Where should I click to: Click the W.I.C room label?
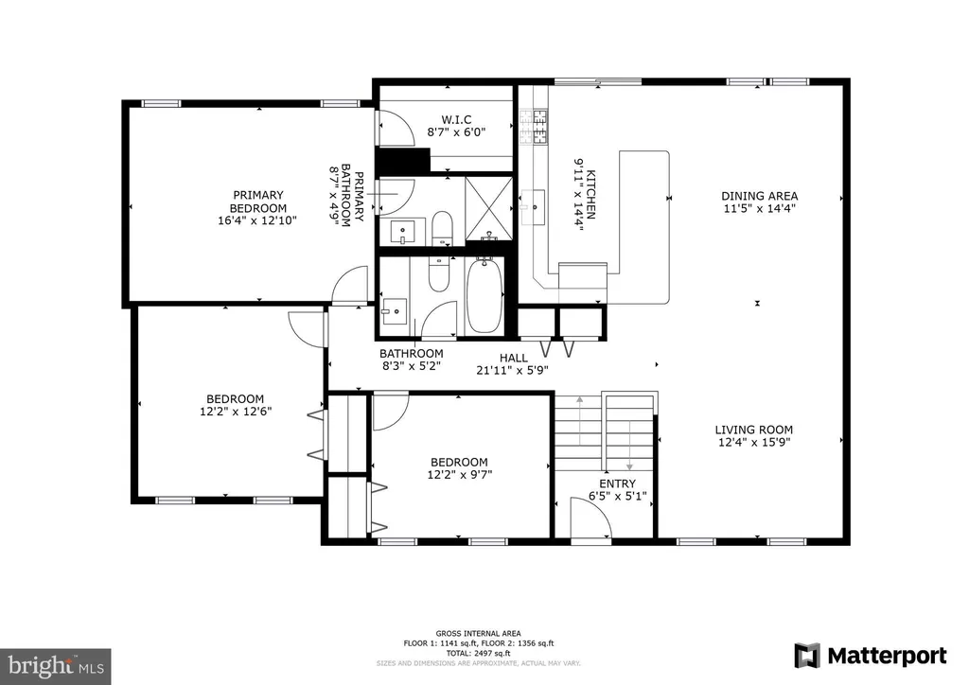coord(457,119)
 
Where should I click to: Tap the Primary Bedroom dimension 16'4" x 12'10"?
coord(257,220)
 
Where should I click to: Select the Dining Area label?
coord(760,196)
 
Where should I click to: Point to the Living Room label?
coord(754,430)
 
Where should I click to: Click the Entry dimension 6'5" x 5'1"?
coord(617,496)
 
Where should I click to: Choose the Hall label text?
coord(514,358)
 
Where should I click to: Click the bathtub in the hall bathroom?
coord(484,296)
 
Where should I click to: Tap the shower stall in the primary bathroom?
coord(489,208)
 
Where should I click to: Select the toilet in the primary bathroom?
coord(442,227)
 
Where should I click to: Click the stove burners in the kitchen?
coord(534,127)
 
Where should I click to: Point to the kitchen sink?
coord(533,200)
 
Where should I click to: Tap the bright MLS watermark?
coord(56,666)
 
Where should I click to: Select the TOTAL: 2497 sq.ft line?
coord(479,653)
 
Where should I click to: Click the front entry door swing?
coord(591,519)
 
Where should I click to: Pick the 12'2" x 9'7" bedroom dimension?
coord(460,475)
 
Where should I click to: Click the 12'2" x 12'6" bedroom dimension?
coord(236,412)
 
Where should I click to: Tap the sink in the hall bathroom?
coord(395,310)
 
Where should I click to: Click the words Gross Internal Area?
coord(478,633)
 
